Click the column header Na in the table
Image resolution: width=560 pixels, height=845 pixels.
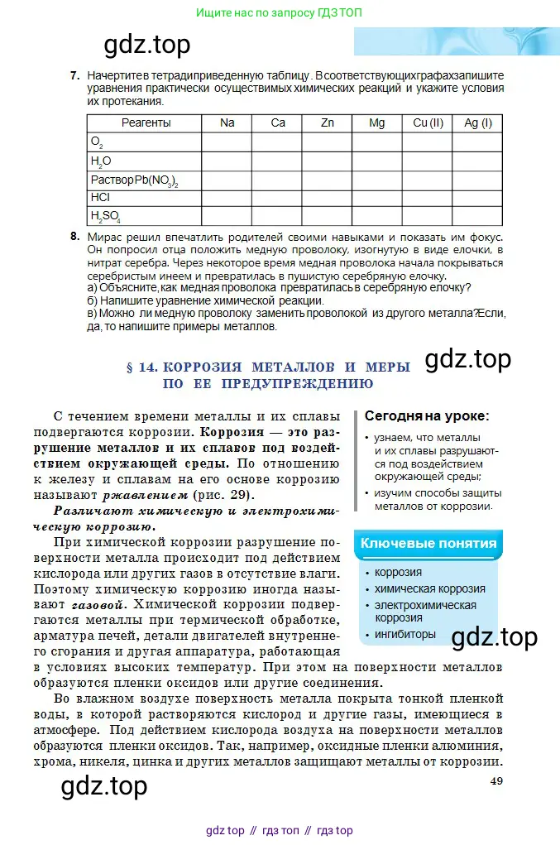click(x=227, y=122)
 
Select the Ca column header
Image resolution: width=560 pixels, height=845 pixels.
click(x=278, y=122)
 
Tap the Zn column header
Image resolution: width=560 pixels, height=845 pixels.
click(x=328, y=122)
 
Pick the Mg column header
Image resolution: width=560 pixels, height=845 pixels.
click(x=377, y=122)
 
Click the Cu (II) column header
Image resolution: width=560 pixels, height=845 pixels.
click(x=428, y=122)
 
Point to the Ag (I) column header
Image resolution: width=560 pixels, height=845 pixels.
click(x=478, y=122)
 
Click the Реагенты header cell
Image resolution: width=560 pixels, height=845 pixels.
click(x=146, y=122)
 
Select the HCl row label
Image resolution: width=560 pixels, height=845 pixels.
click(x=100, y=198)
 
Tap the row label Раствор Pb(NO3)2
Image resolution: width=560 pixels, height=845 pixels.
click(x=134, y=180)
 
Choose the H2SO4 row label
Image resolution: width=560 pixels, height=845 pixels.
click(x=105, y=217)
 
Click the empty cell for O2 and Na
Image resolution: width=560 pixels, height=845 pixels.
click(x=227, y=142)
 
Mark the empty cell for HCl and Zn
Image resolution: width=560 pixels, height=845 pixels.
click(x=328, y=198)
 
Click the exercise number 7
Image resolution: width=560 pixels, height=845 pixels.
click(x=74, y=75)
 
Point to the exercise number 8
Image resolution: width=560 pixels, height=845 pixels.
click(x=74, y=237)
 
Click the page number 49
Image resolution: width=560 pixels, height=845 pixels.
click(x=496, y=781)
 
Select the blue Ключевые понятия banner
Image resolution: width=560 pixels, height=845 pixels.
click(x=428, y=544)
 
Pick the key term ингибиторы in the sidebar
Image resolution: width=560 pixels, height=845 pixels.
click(x=404, y=635)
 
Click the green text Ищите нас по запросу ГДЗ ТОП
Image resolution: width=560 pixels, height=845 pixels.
click(x=280, y=12)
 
